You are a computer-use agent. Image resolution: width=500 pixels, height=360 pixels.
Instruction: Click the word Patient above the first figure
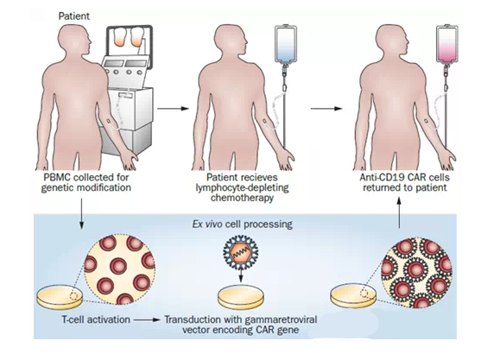pyautogui.click(x=74, y=16)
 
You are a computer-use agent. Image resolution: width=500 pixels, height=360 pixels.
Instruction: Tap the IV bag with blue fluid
pyautogui.click(x=286, y=44)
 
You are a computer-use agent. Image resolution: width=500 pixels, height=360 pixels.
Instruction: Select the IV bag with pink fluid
pyautogui.click(x=447, y=44)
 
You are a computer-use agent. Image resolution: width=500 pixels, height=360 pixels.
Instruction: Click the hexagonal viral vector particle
pyautogui.click(x=240, y=252)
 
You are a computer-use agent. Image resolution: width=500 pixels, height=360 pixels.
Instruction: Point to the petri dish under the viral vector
pyautogui.click(x=241, y=297)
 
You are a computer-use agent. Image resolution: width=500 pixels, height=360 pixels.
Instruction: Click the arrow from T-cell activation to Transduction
pyautogui.click(x=147, y=319)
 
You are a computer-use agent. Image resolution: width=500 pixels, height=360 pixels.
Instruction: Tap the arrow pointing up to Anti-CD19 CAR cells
pyautogui.click(x=399, y=212)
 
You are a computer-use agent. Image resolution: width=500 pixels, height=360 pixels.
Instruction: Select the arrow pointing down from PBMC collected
pyautogui.click(x=82, y=213)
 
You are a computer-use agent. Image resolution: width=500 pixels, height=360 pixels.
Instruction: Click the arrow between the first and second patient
pyautogui.click(x=174, y=109)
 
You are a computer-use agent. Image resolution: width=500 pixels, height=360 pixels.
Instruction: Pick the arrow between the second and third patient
pyautogui.click(x=326, y=109)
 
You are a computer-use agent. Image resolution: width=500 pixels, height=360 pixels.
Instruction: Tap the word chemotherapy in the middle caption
pyautogui.click(x=242, y=198)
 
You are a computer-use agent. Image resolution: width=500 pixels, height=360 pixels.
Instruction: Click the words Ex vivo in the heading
pyautogui.click(x=207, y=224)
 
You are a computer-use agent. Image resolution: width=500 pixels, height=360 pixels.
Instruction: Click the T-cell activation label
pyautogui.click(x=96, y=319)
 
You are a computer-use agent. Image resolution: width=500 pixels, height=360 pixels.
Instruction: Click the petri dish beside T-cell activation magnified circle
pyautogui.click(x=60, y=297)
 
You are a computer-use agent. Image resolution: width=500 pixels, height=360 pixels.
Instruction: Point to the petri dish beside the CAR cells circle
pyautogui.click(x=353, y=297)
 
